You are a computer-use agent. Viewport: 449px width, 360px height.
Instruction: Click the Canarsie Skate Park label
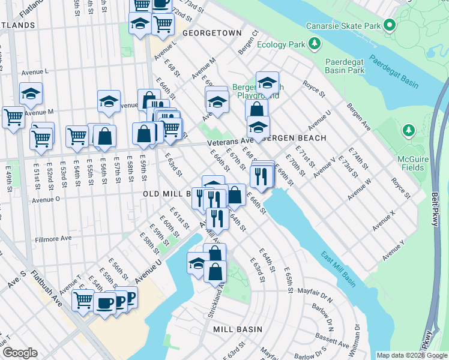tap(343, 26)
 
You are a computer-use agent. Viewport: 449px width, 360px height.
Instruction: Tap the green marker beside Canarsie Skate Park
tap(390, 26)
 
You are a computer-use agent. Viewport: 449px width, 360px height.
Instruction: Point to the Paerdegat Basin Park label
tap(345, 66)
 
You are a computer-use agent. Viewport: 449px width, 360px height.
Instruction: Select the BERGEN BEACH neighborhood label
tap(294, 138)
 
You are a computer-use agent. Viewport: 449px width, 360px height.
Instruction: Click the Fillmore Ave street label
tap(52, 238)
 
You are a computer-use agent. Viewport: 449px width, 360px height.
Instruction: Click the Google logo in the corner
tap(20, 353)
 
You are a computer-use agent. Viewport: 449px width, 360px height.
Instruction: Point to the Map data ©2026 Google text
tap(412, 355)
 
